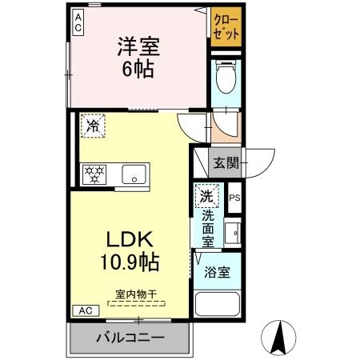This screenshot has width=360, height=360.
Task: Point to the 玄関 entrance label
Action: pos(225,163)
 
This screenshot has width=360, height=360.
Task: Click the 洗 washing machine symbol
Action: pos(206,195)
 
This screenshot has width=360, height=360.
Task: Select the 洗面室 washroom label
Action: pos(207,227)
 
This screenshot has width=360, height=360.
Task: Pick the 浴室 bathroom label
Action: pos(217,271)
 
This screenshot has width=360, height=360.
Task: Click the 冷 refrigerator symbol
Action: pos(93,126)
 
